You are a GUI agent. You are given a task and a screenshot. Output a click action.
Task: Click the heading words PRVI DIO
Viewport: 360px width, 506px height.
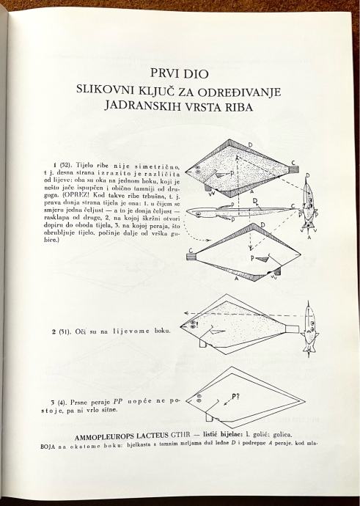[x=180, y=73]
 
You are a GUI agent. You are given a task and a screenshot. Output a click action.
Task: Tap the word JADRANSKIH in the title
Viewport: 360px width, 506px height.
[x=142, y=107]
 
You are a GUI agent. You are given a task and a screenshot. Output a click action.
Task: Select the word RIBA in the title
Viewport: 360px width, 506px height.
[x=236, y=107]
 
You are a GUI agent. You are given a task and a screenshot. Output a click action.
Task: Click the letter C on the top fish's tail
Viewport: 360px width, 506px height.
[x=293, y=162]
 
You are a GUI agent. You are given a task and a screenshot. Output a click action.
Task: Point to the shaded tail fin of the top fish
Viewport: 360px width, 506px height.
[x=293, y=169]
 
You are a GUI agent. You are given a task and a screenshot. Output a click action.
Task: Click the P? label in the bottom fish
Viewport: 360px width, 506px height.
[x=237, y=397]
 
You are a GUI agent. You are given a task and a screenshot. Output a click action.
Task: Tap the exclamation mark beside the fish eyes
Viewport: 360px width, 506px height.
[x=196, y=323]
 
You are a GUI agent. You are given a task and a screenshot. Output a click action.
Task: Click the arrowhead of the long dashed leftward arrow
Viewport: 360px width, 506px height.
[x=186, y=313]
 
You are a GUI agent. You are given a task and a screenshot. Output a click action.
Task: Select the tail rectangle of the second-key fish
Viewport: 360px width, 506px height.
[x=293, y=329]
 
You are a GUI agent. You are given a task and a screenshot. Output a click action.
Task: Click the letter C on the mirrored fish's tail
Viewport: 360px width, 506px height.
[x=191, y=250]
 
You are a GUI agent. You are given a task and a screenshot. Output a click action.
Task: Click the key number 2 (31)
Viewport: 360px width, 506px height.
[x=61, y=331]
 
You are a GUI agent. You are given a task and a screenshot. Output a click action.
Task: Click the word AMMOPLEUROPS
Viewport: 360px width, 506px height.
[x=100, y=437]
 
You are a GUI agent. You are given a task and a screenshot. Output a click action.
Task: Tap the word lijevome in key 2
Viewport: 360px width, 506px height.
[x=131, y=331]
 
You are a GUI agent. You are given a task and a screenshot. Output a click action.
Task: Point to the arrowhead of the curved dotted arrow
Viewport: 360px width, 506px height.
[x=209, y=240]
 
